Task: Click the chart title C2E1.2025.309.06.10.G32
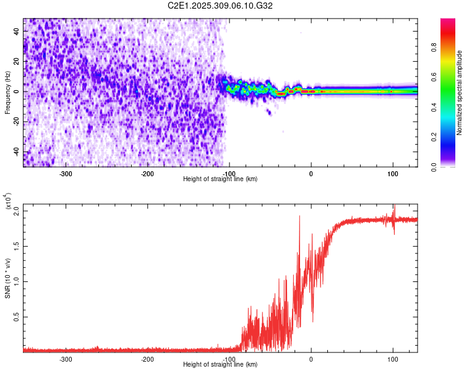click(x=221, y=6)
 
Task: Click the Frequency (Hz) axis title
click(x=7, y=92)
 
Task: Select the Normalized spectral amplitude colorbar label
click(x=460, y=93)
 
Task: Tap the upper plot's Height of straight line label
click(x=220, y=179)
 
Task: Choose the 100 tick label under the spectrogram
click(x=392, y=173)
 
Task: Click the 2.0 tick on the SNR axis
click(x=17, y=210)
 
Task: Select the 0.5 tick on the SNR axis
click(x=17, y=317)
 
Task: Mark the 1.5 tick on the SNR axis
click(x=17, y=245)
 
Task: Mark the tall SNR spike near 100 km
click(x=394, y=213)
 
